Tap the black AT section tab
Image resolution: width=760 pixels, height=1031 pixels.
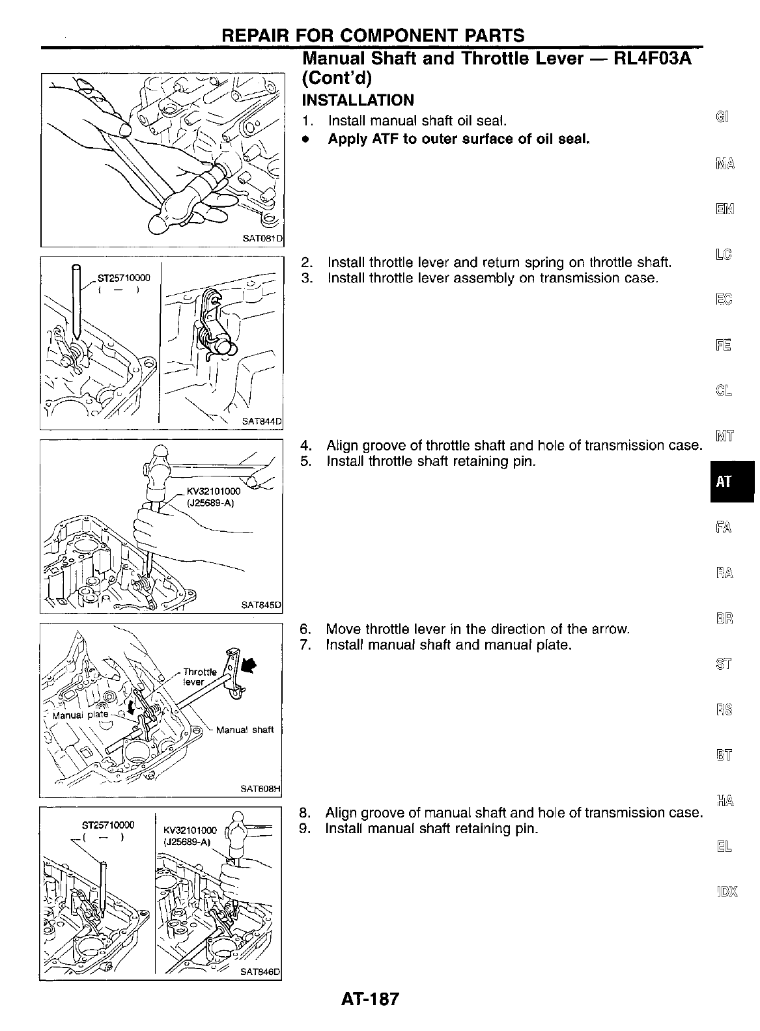coord(724,482)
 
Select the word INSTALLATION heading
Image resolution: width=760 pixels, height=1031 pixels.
coord(358,100)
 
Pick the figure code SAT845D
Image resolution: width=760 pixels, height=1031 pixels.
coord(260,605)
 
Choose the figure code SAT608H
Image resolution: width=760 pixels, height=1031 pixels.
coord(260,789)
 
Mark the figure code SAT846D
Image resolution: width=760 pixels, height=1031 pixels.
coord(260,972)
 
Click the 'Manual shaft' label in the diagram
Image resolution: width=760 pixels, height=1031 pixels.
coord(244,730)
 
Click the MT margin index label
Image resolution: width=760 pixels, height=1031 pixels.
coord(724,436)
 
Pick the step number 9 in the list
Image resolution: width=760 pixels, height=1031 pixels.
coord(303,829)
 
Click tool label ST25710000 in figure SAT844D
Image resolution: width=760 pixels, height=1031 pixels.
coord(123,278)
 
